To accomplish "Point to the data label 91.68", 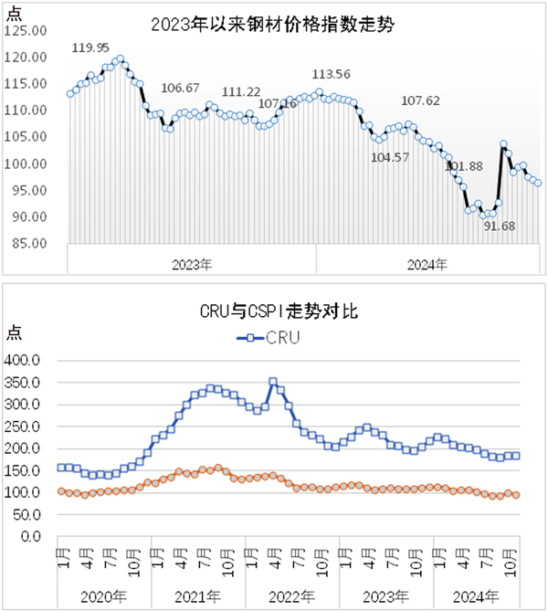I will click(x=500, y=226).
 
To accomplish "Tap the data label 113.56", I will click(x=331, y=74).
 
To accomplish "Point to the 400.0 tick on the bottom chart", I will click(x=31, y=360).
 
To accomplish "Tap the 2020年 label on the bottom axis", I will click(x=104, y=595).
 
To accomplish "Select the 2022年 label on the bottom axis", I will click(x=291, y=595).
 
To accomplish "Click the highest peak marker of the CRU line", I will click(x=272, y=382).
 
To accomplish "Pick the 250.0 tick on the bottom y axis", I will click(x=31, y=427).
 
